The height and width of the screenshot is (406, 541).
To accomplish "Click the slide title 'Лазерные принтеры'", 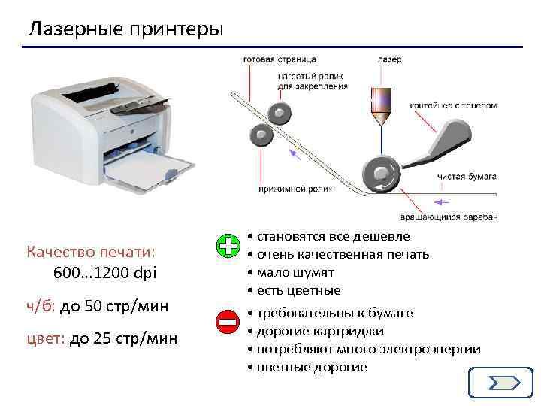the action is pyautogui.click(x=126, y=29).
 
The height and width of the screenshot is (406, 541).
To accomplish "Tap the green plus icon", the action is pyautogui.click(x=228, y=246).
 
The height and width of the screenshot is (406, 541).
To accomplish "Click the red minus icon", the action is pyautogui.click(x=228, y=323).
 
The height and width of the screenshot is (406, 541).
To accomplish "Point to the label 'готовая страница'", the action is pyautogui.click(x=279, y=59).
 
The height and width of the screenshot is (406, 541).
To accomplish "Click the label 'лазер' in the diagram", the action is pyautogui.click(x=389, y=59).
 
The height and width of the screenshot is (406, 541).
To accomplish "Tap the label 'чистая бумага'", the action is pyautogui.click(x=467, y=177).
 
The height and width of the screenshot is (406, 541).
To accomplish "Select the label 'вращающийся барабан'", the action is pyautogui.click(x=459, y=216).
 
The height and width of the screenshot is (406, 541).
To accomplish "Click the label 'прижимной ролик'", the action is pyautogui.click(x=289, y=186).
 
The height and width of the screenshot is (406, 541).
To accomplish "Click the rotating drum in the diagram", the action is pyautogui.click(x=381, y=171).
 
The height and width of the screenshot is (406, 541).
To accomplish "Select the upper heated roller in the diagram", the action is pyautogui.click(x=280, y=114).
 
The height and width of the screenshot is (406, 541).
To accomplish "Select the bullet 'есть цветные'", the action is pyautogui.click(x=298, y=290).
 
